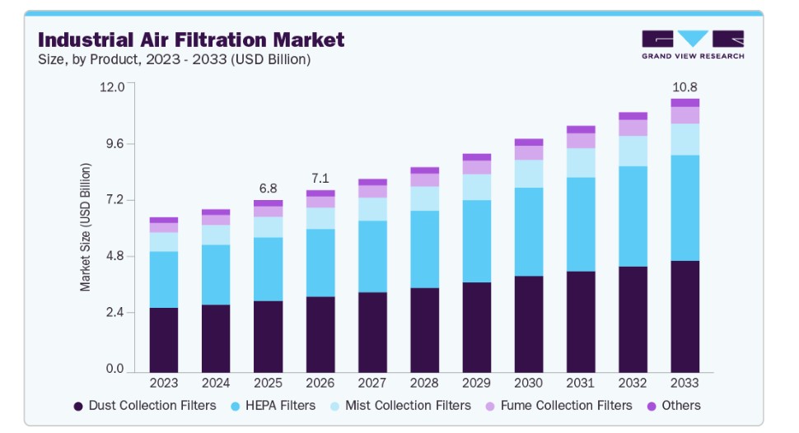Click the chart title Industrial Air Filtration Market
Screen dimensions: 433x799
tap(191, 40)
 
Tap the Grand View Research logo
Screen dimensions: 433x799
tap(692, 44)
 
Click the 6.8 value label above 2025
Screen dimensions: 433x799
tap(268, 187)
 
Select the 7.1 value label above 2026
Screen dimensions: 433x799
tap(320, 178)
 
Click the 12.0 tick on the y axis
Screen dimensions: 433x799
tap(111, 87)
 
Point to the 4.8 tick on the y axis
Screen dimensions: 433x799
tap(114, 256)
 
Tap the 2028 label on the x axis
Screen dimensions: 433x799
tap(424, 384)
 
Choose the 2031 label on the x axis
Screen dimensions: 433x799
tap(581, 384)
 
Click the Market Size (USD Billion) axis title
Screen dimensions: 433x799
tap(86, 227)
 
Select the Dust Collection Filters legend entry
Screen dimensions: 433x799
tap(145, 406)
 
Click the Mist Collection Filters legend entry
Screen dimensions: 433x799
tap(399, 406)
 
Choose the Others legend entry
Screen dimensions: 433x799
tap(673, 406)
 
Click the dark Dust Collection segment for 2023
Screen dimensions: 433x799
tap(163, 340)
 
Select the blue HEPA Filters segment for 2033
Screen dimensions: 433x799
tap(685, 207)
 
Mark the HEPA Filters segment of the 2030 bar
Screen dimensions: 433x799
tap(528, 231)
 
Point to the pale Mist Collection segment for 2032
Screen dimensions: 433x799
tap(633, 151)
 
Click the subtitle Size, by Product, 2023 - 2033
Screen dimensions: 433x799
tap(175, 59)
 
